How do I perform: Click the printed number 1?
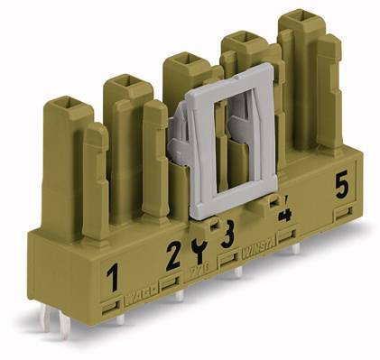coord(113,278)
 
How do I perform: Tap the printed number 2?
coord(173,255)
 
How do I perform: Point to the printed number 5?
coord(341,186)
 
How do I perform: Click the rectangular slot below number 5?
coord(342,214)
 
